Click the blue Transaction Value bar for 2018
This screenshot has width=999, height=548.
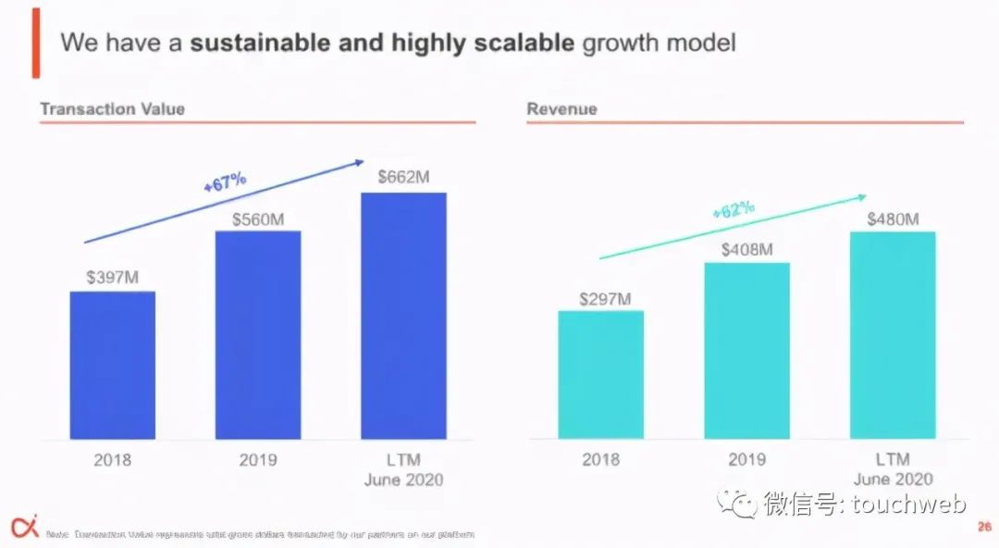(x=112, y=365)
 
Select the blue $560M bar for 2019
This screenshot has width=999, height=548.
(x=258, y=334)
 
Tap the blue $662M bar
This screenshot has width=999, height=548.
(x=403, y=316)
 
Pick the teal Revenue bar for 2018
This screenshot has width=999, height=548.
(x=600, y=374)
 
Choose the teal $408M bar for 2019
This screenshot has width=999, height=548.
(x=746, y=351)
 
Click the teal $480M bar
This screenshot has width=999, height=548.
(x=893, y=335)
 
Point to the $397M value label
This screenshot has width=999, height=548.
(x=112, y=277)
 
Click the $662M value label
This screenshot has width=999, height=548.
(x=403, y=177)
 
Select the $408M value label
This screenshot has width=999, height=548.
(x=747, y=250)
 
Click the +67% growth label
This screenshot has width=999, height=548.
(x=225, y=181)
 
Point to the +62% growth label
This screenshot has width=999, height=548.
(x=734, y=210)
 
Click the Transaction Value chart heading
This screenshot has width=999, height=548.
(x=112, y=108)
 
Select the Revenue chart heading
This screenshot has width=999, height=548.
(x=561, y=108)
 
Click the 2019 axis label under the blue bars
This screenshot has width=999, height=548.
(x=258, y=460)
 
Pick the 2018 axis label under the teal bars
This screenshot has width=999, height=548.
(x=600, y=460)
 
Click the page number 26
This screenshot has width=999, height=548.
(x=984, y=527)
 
